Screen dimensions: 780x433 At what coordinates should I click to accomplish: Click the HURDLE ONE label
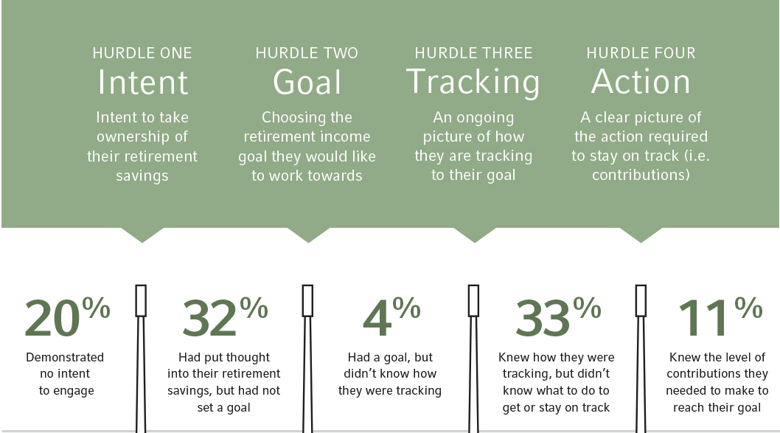point(142,53)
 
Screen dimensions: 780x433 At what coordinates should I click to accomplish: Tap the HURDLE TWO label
point(307,53)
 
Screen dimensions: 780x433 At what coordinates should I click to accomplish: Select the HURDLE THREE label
point(473,53)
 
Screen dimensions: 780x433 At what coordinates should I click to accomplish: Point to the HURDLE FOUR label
point(641,53)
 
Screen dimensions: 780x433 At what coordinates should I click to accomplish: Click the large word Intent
point(143,82)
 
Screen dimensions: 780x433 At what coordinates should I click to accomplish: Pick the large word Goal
point(307,82)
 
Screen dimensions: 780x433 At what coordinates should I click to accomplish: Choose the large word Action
point(641,82)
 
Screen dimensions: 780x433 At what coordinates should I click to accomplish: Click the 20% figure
point(67,316)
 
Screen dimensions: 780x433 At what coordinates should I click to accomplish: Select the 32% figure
point(225,316)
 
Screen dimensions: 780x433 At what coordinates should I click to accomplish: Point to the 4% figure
point(391,316)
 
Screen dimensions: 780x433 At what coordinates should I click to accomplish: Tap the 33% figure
point(558,316)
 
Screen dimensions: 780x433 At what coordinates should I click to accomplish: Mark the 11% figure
point(720,316)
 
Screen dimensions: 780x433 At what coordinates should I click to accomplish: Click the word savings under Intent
point(142,176)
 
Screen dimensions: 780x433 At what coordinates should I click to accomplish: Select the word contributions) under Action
point(641,175)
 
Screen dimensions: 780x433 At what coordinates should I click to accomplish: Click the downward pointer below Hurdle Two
point(308,235)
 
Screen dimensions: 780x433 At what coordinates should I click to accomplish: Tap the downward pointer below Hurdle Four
point(641,235)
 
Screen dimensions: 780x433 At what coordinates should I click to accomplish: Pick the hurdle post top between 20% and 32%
point(142,301)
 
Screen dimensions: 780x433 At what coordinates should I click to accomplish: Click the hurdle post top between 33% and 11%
point(641,301)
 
